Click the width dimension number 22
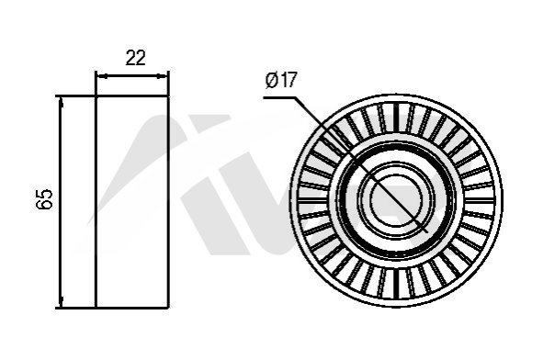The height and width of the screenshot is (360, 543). (135, 58)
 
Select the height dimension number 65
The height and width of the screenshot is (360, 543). (44, 199)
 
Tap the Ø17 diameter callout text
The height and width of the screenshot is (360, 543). (281, 80)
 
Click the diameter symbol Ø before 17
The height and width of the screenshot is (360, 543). (272, 80)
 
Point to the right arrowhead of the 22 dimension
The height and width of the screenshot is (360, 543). (162, 76)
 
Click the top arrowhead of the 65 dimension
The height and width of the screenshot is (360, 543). (62, 103)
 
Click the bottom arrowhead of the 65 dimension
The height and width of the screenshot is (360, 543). (62, 301)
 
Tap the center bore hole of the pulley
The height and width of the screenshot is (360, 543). (396, 200)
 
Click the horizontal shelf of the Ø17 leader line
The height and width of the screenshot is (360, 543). (279, 98)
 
